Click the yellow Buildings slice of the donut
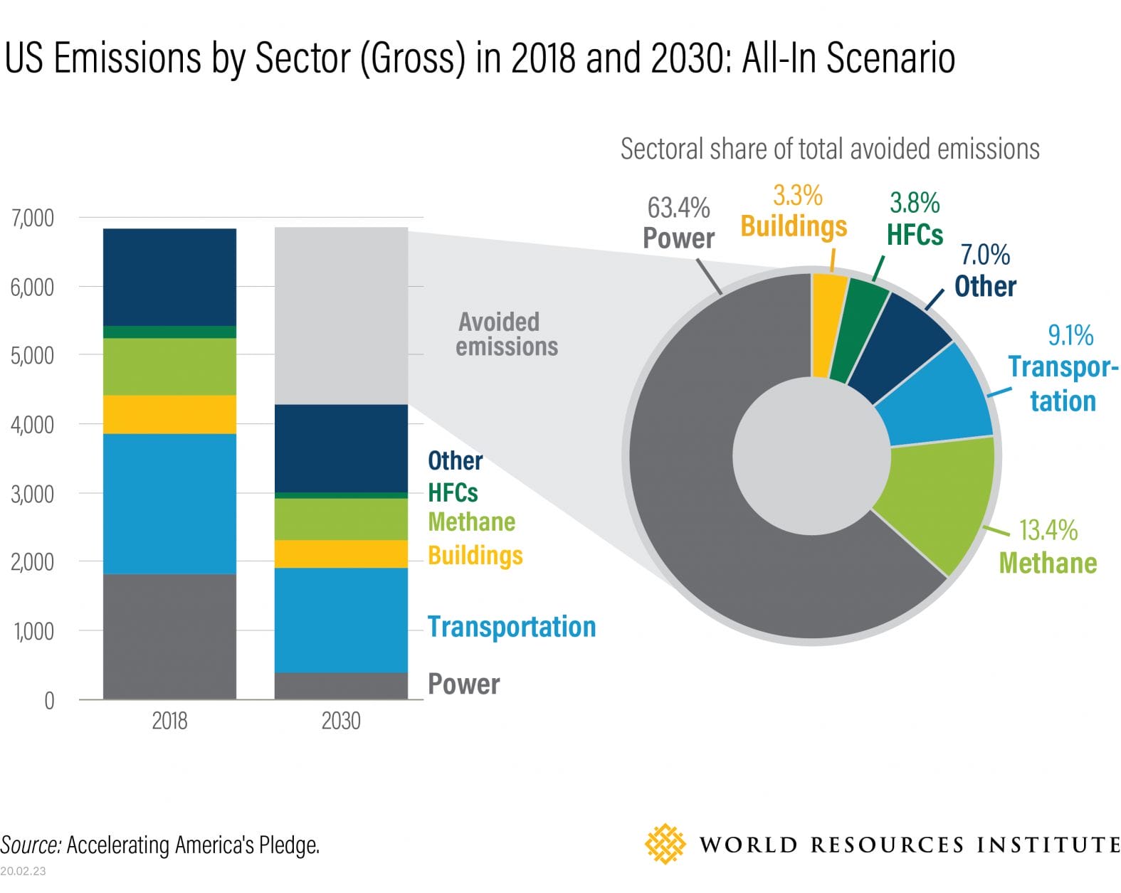828,324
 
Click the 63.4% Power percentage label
678,208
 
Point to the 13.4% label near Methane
1048,530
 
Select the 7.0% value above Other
985,254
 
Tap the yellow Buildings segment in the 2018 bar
169,414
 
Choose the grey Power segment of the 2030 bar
341,685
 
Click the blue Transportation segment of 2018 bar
169,503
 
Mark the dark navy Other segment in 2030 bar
341,448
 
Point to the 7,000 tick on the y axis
33,218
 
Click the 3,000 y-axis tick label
33,493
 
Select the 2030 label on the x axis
341,721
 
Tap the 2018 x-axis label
169,721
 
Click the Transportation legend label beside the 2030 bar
511,627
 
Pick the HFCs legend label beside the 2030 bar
453,492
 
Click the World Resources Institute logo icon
665,844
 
